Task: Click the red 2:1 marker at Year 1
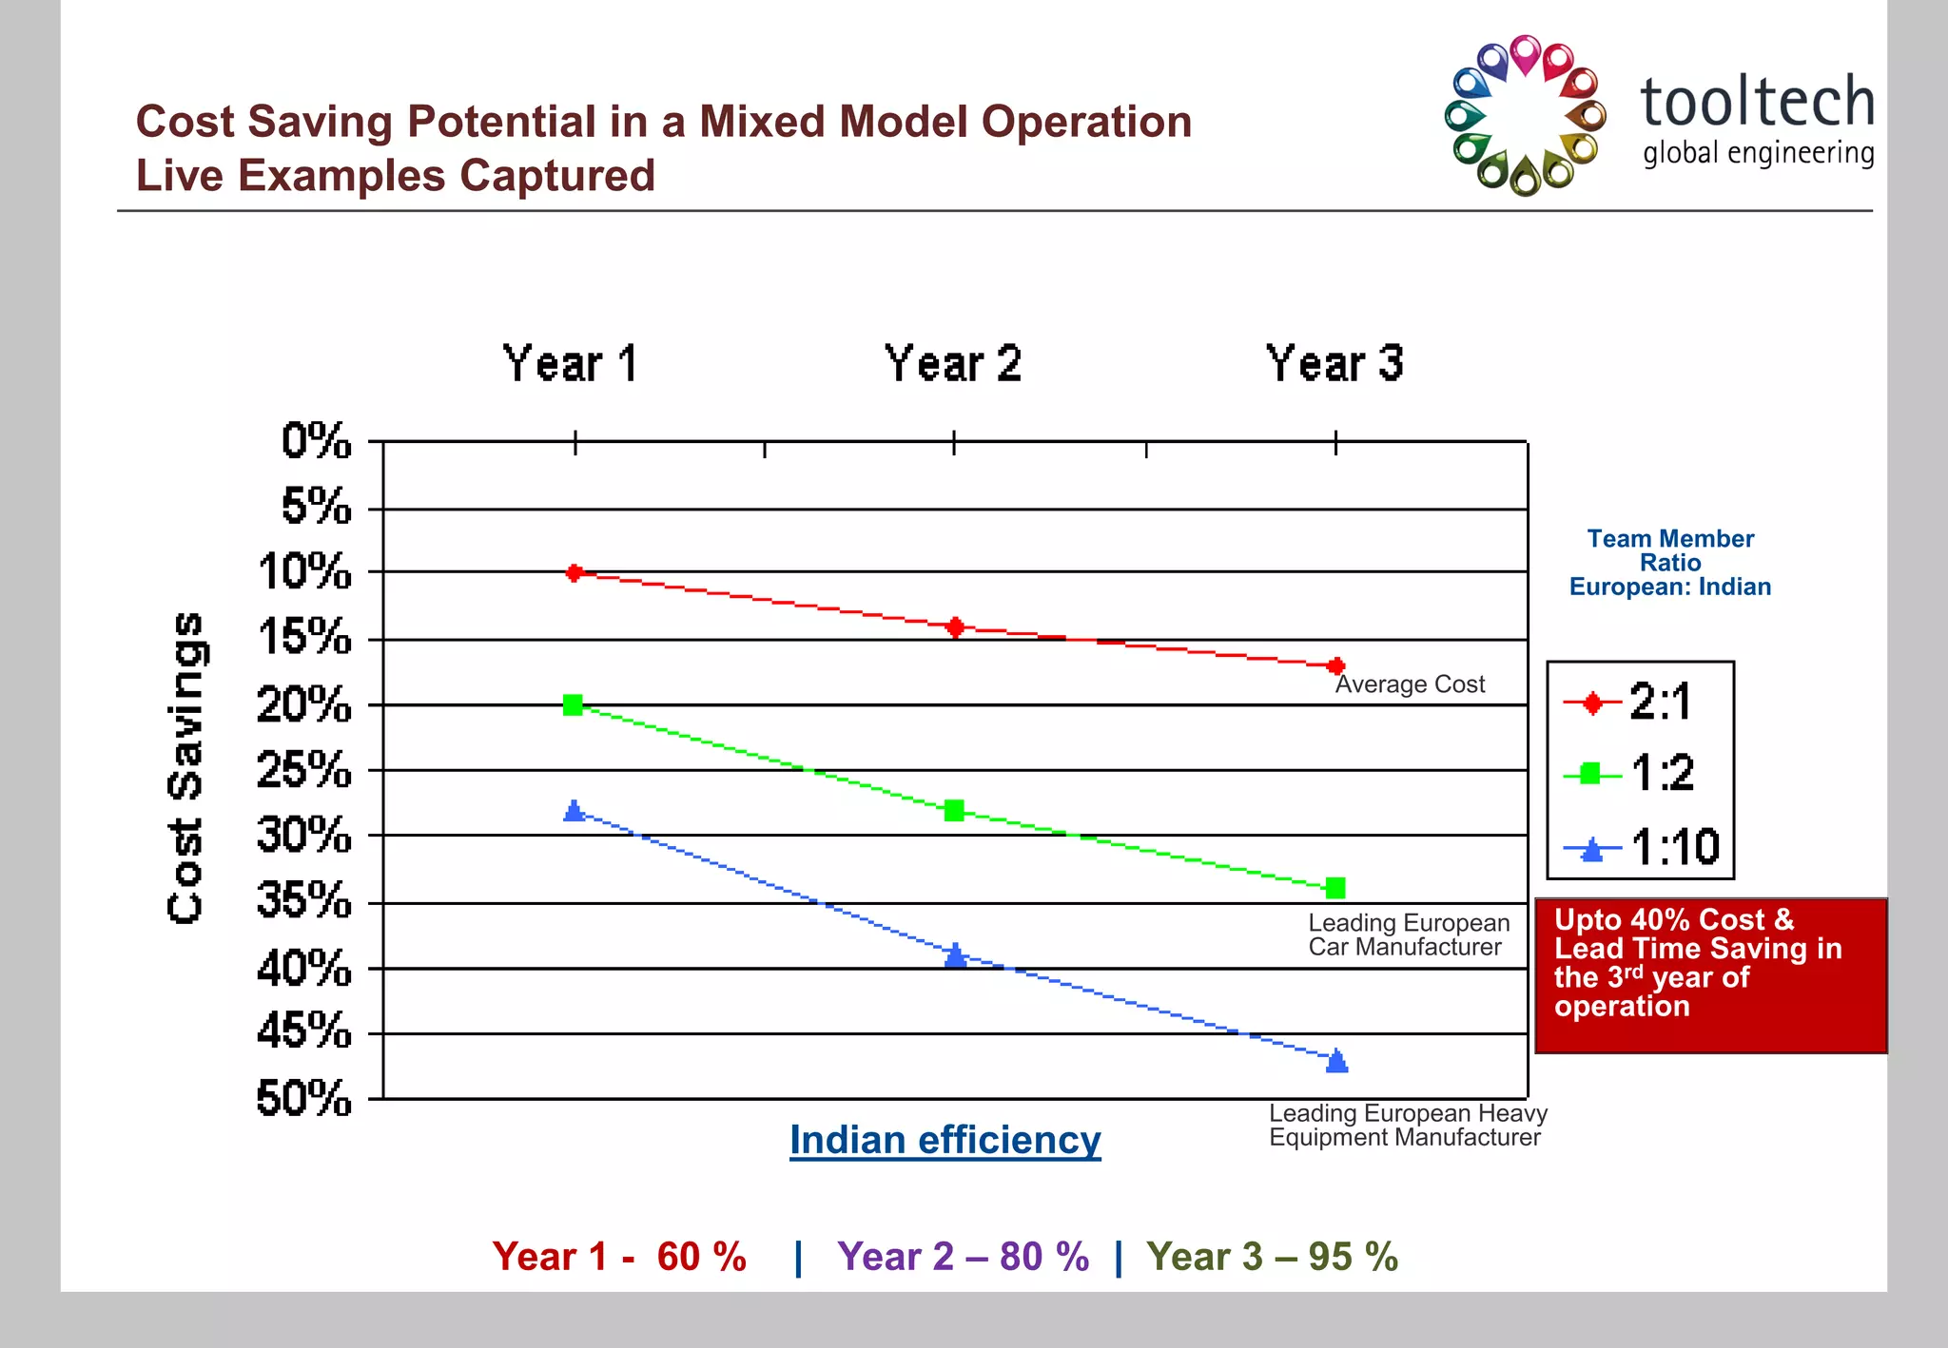pos(575,572)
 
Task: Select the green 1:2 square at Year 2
pos(954,810)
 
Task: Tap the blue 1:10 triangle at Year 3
pos(1336,1061)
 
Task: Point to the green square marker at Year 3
pos(1335,888)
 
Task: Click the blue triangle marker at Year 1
pos(574,811)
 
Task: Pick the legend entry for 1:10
pos(1641,846)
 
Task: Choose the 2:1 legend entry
pos(1641,703)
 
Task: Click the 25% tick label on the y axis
pos(304,769)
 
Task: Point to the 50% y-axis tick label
pos(304,1099)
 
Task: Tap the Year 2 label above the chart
pos(953,364)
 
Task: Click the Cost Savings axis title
pos(185,767)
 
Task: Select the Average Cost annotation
pos(1410,684)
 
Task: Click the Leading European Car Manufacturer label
pos(1408,934)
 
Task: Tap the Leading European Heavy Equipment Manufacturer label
pos(1408,1125)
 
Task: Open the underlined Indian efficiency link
pos(945,1140)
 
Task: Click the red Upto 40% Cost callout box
pos(1710,974)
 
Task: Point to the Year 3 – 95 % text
pos(1272,1257)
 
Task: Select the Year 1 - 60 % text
pos(619,1257)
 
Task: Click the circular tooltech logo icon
pos(1525,116)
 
